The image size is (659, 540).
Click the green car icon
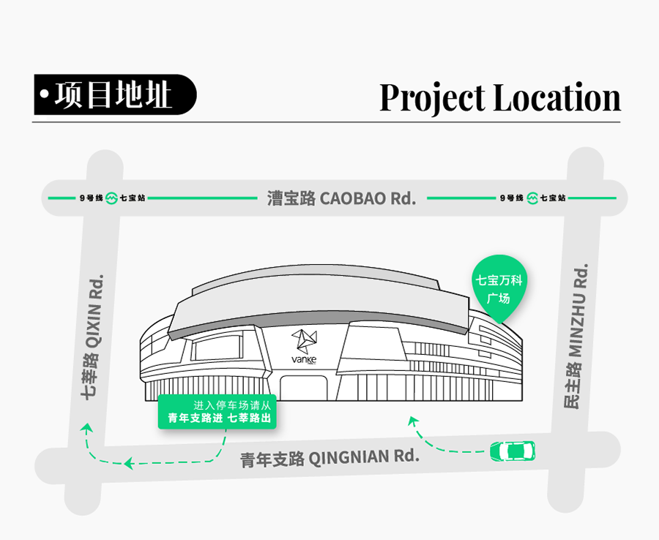tap(512, 450)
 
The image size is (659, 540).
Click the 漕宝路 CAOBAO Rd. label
tap(341, 198)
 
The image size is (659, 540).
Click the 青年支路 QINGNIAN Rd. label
tap(329, 458)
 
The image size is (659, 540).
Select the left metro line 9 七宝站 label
tap(112, 198)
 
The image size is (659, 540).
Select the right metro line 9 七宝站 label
tap(532, 198)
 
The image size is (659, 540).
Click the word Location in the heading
tap(556, 98)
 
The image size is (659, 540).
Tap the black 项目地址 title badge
tap(115, 95)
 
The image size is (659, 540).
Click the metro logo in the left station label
tap(111, 198)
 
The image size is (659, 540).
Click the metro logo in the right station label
tap(532, 198)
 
